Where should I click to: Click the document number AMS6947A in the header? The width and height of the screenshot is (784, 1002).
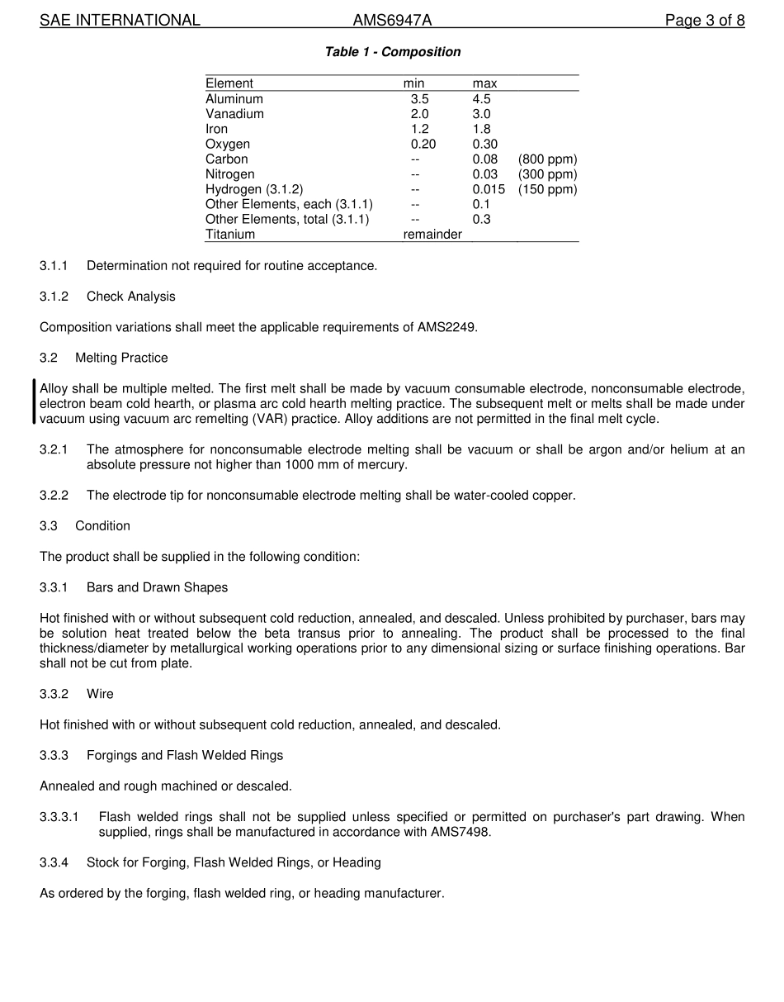tap(392, 21)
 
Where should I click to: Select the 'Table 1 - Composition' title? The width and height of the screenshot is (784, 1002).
tap(393, 52)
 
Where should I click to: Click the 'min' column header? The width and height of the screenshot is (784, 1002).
tap(413, 83)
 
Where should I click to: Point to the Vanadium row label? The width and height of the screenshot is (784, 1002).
tap(234, 114)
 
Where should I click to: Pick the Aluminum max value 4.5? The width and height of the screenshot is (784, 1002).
tap(481, 99)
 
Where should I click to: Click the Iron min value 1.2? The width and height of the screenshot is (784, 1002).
tap(419, 129)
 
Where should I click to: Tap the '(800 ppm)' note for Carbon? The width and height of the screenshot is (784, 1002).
tap(547, 159)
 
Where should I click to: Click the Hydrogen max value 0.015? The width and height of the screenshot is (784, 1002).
tap(489, 189)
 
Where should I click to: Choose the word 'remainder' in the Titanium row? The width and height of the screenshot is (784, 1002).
tap(432, 235)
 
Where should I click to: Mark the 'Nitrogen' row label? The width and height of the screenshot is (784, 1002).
tap(229, 174)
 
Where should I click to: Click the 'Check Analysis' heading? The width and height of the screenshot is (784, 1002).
tap(130, 297)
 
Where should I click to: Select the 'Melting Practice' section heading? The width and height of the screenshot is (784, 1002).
tap(121, 358)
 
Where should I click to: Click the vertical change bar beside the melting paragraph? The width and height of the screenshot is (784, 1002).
tap(34, 402)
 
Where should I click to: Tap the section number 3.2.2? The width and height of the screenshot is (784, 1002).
tap(54, 496)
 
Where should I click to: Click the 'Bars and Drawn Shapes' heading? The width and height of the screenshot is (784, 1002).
tap(157, 587)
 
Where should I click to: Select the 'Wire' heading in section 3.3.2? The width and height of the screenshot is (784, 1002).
tap(100, 694)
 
